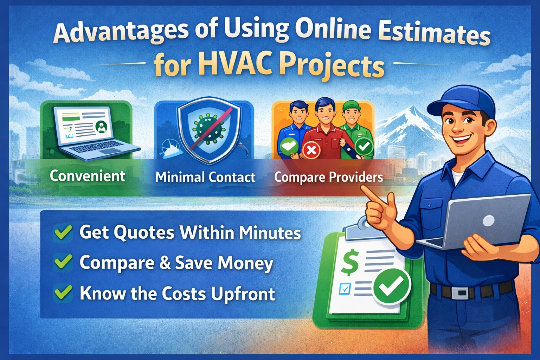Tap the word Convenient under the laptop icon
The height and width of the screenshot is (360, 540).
[87, 176]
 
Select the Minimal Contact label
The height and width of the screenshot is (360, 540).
[205, 177]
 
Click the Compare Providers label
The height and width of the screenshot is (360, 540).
[328, 177]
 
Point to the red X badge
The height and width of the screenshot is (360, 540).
[311, 150]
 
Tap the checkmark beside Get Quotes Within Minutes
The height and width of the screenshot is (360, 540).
[63, 232]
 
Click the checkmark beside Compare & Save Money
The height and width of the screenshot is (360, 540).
[63, 263]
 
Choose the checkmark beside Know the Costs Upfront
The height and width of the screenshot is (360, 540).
[63, 293]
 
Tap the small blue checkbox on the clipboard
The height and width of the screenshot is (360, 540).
[345, 289]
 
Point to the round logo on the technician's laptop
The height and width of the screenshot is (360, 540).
[489, 221]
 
